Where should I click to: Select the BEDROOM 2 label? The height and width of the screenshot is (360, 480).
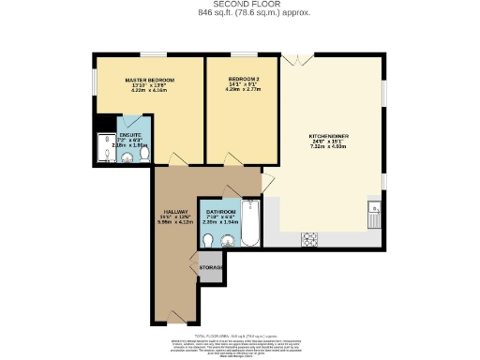[x=241, y=80]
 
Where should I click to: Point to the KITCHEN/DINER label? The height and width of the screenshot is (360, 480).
[x=329, y=136]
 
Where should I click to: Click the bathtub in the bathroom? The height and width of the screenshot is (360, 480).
[x=251, y=222]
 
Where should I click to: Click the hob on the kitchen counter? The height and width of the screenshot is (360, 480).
[x=308, y=240]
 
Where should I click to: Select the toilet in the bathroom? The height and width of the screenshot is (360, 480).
[x=205, y=239]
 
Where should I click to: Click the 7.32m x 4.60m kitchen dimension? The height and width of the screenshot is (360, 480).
[x=329, y=148]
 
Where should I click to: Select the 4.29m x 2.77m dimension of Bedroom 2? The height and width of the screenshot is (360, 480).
[x=241, y=92]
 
